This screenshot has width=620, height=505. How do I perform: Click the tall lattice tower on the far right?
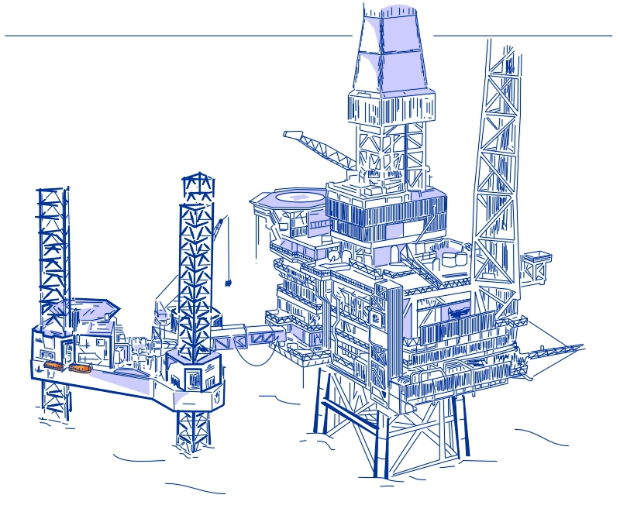click(x=496, y=155)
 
